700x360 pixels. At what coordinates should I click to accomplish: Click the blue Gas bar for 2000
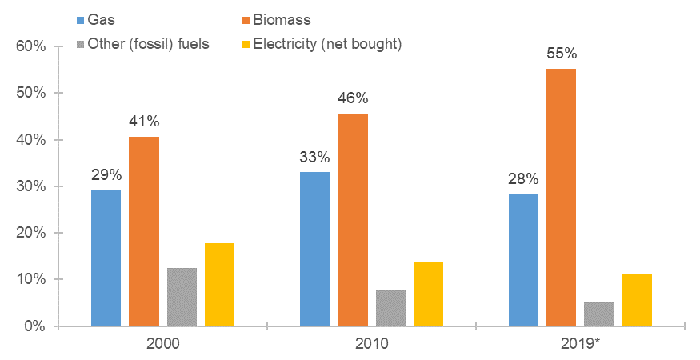(x=106, y=258)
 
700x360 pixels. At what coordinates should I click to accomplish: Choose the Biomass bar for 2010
(x=352, y=220)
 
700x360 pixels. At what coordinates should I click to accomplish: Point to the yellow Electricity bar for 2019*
(x=637, y=299)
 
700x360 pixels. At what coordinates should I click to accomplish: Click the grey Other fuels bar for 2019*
(x=598, y=314)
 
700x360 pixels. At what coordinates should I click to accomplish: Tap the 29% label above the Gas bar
(x=106, y=174)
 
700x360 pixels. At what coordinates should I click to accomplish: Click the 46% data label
(x=352, y=98)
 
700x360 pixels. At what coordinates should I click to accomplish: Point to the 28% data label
(x=522, y=178)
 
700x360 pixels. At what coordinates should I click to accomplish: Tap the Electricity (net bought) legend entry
(x=326, y=44)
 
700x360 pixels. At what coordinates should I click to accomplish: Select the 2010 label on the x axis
(x=371, y=345)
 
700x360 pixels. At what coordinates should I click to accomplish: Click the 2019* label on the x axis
(x=581, y=345)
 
